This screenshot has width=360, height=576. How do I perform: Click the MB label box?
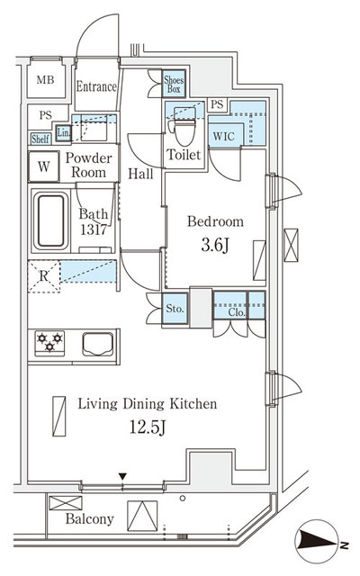tap(44, 81)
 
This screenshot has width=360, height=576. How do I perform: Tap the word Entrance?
tap(96, 87)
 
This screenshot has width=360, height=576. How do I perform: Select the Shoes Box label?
tap(174, 84)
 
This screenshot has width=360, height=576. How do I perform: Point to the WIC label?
tap(224, 136)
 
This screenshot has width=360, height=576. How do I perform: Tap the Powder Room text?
tap(89, 165)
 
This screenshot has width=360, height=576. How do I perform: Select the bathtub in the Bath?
tap(49, 220)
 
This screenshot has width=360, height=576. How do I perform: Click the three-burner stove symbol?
tap(49, 342)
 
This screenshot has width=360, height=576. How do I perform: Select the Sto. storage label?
tap(175, 310)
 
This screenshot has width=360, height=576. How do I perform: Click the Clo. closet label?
tap(237, 313)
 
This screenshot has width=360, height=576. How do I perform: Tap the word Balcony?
tap(89, 519)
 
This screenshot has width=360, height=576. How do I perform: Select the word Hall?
tap(140, 174)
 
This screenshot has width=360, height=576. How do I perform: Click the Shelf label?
tap(40, 139)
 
